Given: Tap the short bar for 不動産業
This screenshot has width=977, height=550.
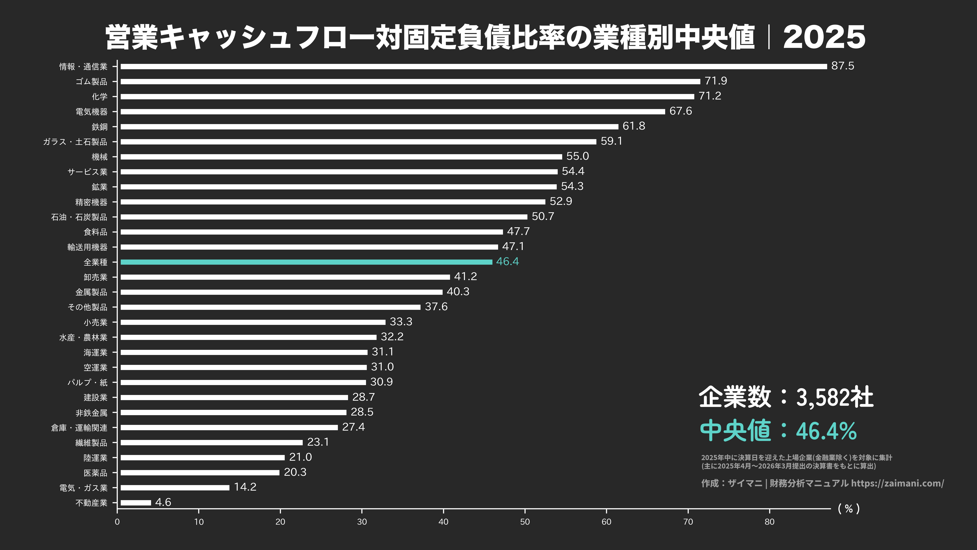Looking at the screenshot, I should pyautogui.click(x=136, y=503).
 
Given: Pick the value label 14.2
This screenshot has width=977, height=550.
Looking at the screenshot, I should pyautogui.click(x=245, y=487).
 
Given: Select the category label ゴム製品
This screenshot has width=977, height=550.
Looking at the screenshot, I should pyautogui.click(x=91, y=82).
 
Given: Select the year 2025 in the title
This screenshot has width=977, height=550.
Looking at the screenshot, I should pyautogui.click(x=824, y=37).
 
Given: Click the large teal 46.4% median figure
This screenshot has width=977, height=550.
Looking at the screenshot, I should pyautogui.click(x=826, y=431).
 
